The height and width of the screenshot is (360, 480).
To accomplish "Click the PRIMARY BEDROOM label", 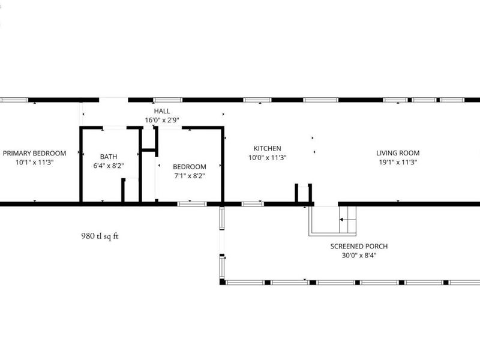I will click(34, 153).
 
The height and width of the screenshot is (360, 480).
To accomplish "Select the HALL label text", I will click(162, 111).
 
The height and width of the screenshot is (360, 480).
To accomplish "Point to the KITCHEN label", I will click(267, 148).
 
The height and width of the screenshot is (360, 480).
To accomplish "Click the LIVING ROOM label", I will click(398, 153).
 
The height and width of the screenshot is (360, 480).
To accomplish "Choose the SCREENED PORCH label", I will click(359, 247).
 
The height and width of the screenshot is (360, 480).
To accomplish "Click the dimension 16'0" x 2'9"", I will click(162, 120).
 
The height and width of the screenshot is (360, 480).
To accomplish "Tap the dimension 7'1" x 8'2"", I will click(189, 176).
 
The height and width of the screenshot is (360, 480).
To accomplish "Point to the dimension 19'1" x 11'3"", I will click(398, 162).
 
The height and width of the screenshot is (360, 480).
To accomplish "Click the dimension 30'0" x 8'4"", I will click(359, 256).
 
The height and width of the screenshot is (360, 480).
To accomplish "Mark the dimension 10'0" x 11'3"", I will click(267, 158).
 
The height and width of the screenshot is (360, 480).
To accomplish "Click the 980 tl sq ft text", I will click(100, 236).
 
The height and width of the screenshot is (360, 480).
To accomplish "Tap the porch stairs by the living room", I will click(347, 220).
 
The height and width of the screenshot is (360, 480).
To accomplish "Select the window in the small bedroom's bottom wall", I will click(192, 204).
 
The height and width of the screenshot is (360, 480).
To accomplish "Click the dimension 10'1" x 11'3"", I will click(34, 162).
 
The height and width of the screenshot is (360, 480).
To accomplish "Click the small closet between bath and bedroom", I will click(148, 138).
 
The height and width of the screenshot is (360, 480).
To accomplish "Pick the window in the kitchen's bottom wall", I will click(253, 204).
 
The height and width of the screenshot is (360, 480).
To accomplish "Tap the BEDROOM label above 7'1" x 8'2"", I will click(189, 167).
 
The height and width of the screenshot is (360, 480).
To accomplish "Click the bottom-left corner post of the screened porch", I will click(222, 281).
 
